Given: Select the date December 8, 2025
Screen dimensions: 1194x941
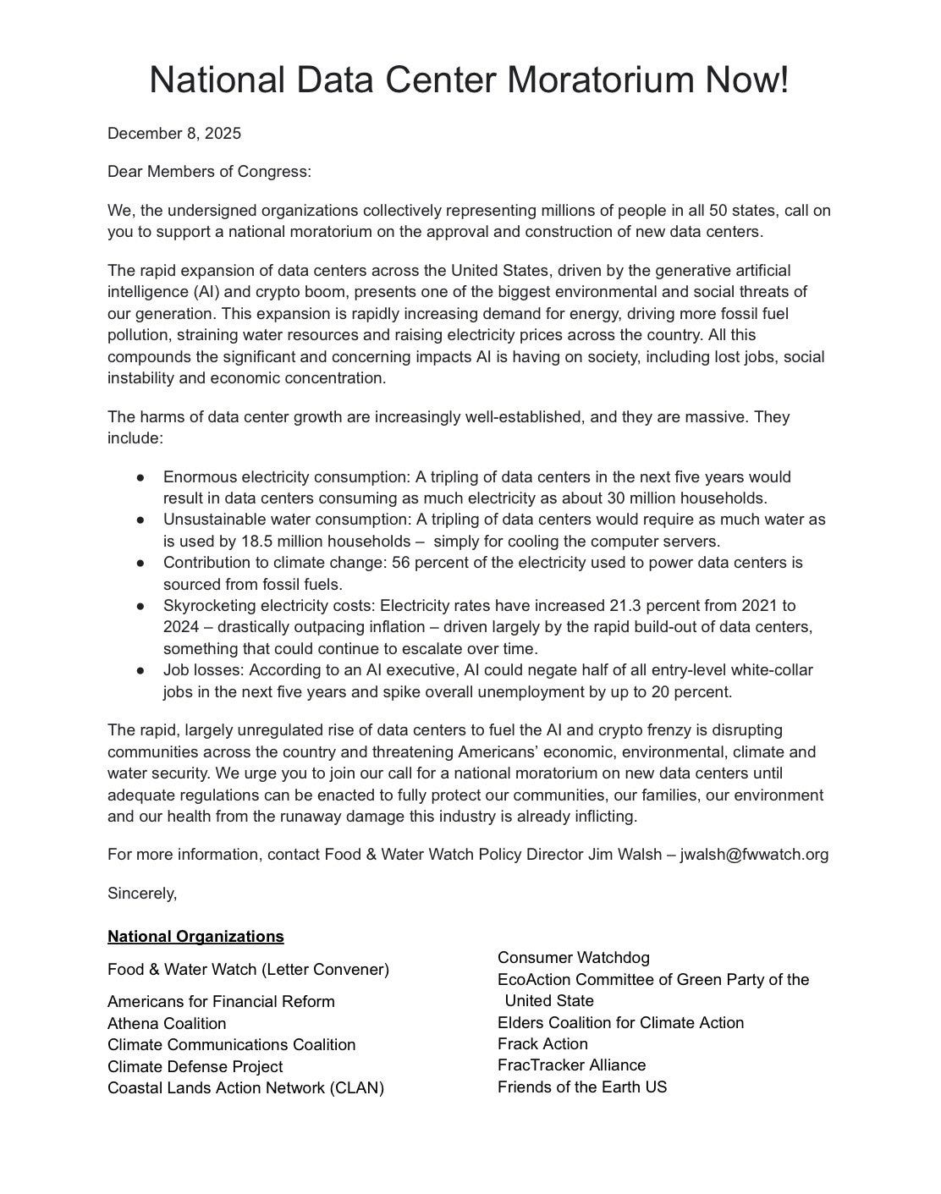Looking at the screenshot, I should point(174,134).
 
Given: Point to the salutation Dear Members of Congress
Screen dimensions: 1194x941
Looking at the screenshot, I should point(209,172).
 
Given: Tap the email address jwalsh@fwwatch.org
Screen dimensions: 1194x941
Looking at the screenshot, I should point(755,854).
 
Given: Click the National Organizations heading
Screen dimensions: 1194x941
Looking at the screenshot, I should point(195,936).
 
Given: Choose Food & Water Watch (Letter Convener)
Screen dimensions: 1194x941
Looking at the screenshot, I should point(248,970).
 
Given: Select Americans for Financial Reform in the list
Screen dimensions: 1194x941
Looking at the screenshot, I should point(221,1001).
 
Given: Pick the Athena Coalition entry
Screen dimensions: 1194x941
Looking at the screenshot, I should point(167,1023).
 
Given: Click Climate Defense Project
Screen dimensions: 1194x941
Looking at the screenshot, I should point(195,1066).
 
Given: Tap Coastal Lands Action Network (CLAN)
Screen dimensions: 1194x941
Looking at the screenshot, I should point(245,1087).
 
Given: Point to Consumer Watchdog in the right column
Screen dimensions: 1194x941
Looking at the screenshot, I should point(574,957).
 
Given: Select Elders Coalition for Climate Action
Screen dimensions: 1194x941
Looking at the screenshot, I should point(620,1022).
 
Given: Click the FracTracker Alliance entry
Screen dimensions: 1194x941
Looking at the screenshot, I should point(571,1065).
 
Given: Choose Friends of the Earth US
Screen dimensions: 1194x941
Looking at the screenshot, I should point(582,1087).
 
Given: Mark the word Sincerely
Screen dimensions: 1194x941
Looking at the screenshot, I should point(142,893).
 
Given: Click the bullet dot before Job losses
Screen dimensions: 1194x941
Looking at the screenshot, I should point(140,670).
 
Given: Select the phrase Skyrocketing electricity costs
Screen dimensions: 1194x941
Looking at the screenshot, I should point(268,605).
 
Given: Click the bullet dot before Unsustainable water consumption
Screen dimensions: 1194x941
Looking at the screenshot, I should point(140,520).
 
